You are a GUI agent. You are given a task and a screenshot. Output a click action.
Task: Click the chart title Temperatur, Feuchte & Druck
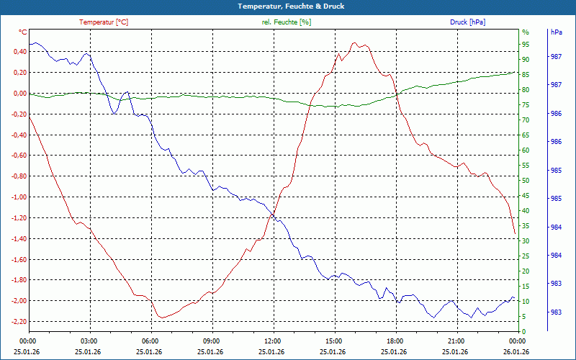tap(287, 6)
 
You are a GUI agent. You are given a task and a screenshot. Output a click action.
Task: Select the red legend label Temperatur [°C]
tap(104, 22)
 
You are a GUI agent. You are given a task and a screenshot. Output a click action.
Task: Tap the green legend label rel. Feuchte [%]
tap(287, 22)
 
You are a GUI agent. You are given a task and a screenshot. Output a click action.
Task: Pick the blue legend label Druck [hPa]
tap(467, 22)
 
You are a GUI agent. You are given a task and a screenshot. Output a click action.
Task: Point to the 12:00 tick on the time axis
tap(272, 341)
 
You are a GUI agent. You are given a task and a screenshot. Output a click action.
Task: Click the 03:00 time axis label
tap(89, 341)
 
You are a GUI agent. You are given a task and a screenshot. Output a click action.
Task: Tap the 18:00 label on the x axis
tap(395, 341)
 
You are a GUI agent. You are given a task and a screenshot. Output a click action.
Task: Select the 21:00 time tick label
tap(456, 341)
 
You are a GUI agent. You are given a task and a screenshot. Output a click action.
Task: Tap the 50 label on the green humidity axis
tap(526, 180)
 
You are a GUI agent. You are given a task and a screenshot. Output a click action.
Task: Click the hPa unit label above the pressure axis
tap(556, 32)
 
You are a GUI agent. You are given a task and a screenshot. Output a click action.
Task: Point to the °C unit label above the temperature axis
tap(22, 32)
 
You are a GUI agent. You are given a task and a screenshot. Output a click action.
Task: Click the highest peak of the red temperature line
tap(354, 42)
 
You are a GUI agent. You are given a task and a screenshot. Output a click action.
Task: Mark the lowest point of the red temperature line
tap(163, 318)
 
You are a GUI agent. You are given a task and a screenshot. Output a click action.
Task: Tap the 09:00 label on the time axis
tap(211, 341)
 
